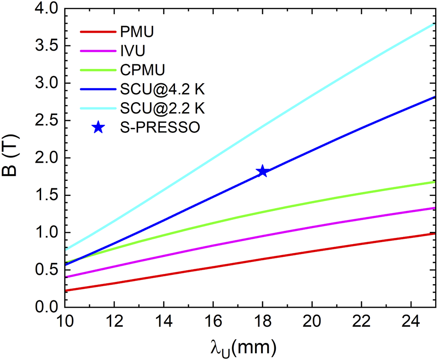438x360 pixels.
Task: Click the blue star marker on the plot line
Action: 263,171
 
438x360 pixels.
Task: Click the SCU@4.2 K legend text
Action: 162,89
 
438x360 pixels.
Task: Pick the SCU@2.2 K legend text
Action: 162,108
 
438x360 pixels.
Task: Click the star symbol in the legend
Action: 97,127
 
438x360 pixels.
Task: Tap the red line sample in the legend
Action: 97,32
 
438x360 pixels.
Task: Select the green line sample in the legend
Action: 97,70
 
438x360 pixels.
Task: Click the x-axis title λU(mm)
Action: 244,348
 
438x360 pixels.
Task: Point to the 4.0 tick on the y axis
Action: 44,9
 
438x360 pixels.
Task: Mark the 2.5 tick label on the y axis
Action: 44,121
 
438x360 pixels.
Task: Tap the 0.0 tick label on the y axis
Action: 44,307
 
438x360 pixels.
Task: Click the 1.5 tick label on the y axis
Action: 44,195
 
